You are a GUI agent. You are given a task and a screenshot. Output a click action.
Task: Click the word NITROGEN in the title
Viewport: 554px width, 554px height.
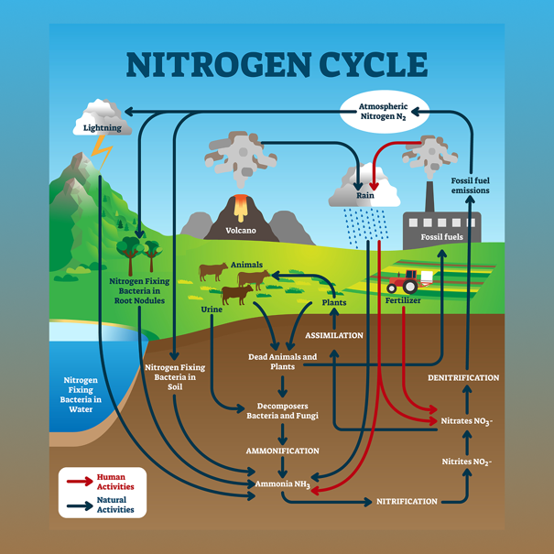click(x=219, y=65)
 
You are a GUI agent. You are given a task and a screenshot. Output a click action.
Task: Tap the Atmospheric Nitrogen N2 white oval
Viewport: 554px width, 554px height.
click(x=385, y=112)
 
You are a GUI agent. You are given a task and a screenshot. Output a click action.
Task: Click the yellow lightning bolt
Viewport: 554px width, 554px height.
click(x=102, y=153)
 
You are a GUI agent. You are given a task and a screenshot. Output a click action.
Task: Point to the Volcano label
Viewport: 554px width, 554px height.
click(x=241, y=231)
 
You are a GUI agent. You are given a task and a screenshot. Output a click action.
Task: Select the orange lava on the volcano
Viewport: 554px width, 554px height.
click(x=241, y=207)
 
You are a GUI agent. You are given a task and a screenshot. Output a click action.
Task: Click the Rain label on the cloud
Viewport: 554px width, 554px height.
click(x=365, y=195)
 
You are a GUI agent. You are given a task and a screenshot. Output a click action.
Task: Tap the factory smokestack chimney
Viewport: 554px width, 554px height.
click(x=429, y=197)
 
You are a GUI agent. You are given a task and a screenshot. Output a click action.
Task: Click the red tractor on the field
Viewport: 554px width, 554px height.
click(x=403, y=282)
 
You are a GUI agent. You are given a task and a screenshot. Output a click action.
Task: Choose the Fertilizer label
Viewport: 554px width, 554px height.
click(x=403, y=300)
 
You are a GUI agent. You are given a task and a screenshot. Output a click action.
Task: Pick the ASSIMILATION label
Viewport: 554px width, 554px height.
click(x=334, y=335)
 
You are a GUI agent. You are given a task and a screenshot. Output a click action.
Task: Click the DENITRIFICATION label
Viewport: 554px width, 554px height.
click(x=463, y=377)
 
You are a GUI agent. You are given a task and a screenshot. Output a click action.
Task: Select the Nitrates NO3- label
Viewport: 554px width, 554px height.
click(x=466, y=421)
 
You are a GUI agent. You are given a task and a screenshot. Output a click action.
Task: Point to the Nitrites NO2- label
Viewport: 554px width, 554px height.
click(x=467, y=462)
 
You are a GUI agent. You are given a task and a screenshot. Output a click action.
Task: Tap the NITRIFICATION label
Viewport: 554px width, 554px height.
click(x=407, y=502)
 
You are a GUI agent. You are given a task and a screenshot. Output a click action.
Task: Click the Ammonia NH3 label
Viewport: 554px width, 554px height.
click(x=283, y=484)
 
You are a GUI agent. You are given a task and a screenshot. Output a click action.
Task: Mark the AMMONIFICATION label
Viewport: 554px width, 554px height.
click(x=282, y=451)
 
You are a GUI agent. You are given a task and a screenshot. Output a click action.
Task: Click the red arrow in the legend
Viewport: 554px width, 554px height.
click(x=80, y=482)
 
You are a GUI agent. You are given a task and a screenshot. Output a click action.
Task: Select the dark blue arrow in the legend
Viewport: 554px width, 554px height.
click(x=80, y=505)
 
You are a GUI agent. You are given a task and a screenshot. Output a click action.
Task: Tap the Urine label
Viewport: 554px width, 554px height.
click(x=212, y=310)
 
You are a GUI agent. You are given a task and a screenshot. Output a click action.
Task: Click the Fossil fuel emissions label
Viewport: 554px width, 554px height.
click(x=471, y=186)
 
